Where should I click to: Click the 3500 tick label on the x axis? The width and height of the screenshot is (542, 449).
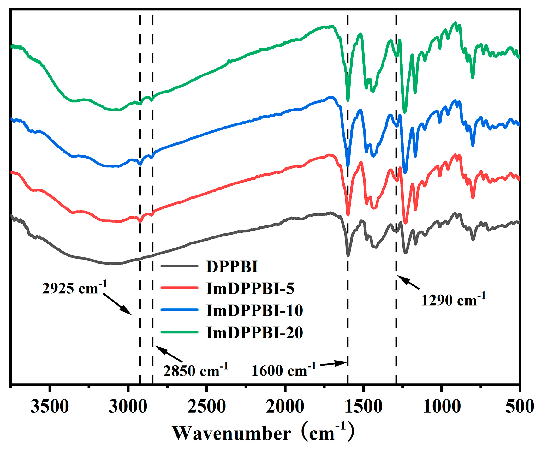click(50, 406)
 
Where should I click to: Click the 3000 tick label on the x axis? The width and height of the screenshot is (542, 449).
click(128, 406)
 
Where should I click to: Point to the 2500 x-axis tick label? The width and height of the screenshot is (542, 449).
click(206, 406)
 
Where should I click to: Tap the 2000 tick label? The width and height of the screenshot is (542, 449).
click(285, 406)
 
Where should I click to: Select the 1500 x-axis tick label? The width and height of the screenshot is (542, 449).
click(364, 406)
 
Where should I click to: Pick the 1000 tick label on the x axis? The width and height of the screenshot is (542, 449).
click(442, 406)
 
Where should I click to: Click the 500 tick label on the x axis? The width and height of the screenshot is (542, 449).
click(520, 406)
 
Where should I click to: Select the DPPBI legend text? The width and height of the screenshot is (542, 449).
click(232, 266)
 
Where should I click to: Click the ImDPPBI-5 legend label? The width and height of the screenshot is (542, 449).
click(250, 288)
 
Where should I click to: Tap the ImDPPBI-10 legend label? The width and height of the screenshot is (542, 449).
click(254, 310)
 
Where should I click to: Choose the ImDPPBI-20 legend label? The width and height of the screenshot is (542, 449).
click(254, 332)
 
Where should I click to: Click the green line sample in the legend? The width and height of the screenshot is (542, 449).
click(179, 332)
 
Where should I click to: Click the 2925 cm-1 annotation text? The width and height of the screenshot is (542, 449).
click(74, 288)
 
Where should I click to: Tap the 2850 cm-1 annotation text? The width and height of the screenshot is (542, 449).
click(195, 370)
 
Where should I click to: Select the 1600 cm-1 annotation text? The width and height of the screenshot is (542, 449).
click(283, 370)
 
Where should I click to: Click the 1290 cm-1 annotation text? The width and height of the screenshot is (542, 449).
click(453, 299)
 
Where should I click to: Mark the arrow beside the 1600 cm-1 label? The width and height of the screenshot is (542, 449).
click(334, 364)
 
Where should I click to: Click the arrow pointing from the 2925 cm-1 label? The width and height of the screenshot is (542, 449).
click(117, 304)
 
